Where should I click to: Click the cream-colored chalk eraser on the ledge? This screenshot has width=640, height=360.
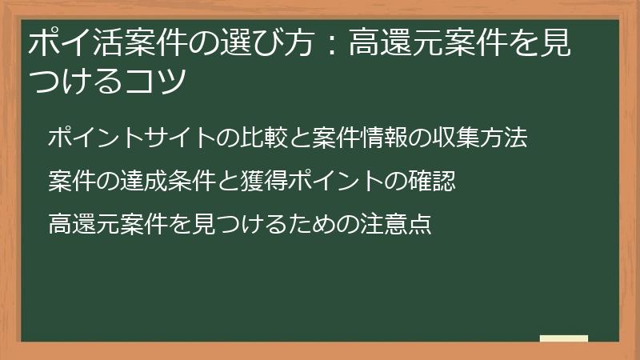click(x=563, y=338)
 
